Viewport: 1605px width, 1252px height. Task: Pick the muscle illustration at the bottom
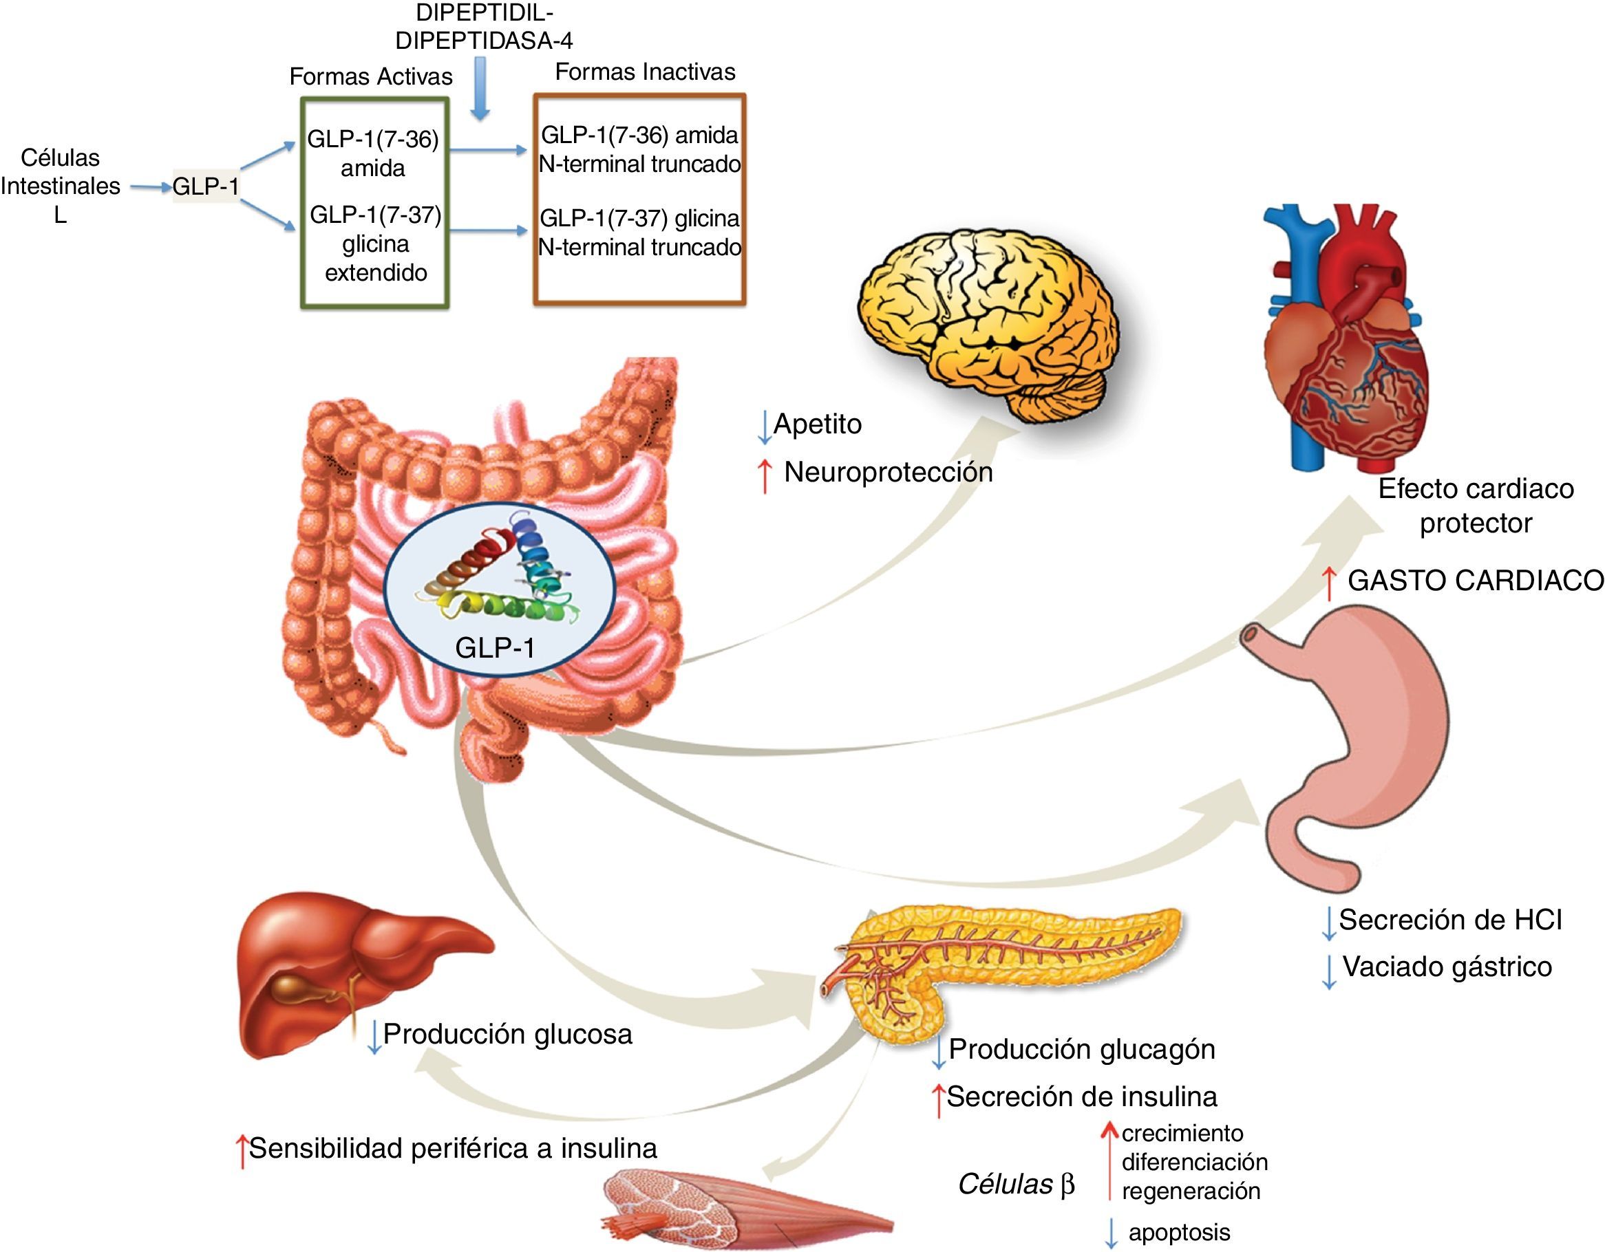[x=742, y=1212]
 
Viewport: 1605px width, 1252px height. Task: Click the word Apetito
[x=817, y=424]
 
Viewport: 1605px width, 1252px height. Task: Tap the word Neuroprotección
[x=888, y=473]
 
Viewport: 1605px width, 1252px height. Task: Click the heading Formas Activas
[x=370, y=76]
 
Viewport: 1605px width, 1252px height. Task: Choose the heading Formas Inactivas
[x=644, y=72]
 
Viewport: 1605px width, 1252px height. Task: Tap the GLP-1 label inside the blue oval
[x=495, y=647]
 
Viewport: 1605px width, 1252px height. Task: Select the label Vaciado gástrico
[x=1447, y=967]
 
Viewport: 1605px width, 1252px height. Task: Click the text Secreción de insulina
[x=1082, y=1097]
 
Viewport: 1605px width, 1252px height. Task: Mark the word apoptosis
[x=1179, y=1232]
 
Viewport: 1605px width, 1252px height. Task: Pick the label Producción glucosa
[x=507, y=1034]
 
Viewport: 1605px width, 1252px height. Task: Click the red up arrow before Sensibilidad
[x=241, y=1150]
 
